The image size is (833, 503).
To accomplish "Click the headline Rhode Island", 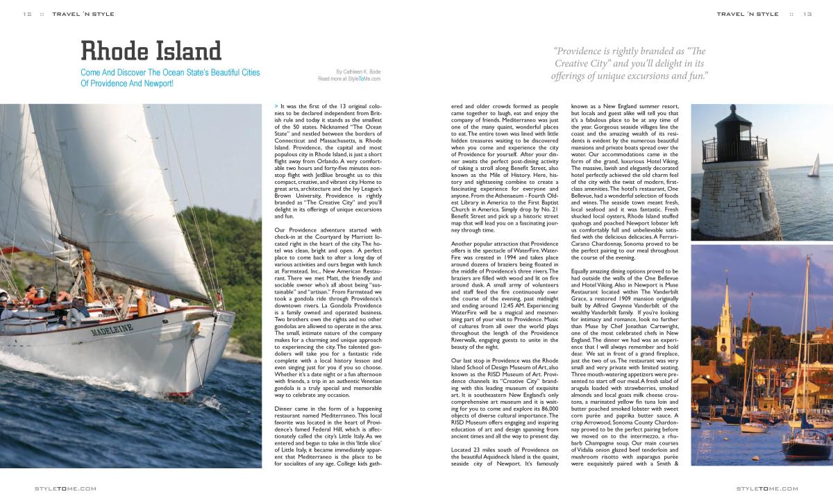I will [x=151, y=51].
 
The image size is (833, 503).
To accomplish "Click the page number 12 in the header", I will [x=27, y=14].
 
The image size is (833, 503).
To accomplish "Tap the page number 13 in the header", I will [x=807, y=14].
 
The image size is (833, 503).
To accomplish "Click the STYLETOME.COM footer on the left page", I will [x=65, y=488].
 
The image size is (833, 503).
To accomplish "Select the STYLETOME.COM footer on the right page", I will [x=767, y=488].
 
